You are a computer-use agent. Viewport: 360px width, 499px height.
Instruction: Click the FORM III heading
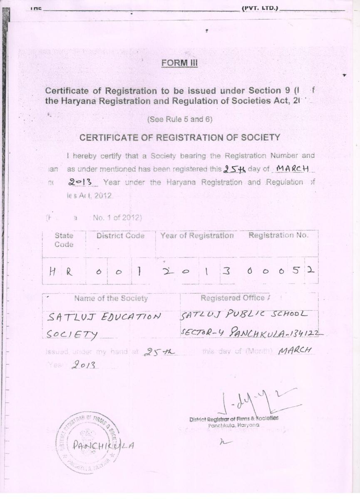pos(179,63)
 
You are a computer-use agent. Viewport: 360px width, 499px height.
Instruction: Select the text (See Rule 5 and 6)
pos(180,119)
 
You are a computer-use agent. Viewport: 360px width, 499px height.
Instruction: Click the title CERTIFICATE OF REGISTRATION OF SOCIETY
pos(180,138)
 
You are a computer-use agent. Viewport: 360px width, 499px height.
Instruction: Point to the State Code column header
pos(64,240)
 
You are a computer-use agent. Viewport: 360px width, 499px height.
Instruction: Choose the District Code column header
pos(120,236)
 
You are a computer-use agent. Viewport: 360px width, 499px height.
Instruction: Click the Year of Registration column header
pos(197,236)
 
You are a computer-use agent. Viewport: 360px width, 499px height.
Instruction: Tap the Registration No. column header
pos(278,236)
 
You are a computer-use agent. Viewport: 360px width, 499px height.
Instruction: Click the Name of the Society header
pos(111,298)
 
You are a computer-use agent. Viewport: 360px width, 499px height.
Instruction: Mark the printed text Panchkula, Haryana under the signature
pos(233,425)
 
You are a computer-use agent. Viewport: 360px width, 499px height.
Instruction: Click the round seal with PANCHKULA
pos(87,444)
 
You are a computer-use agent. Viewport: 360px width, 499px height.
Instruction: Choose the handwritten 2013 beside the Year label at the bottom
pos(84,365)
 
